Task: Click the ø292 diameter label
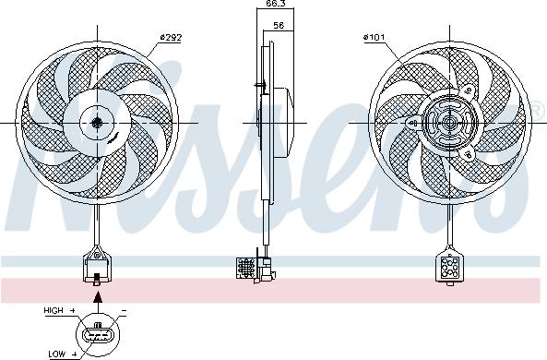coord(171,37)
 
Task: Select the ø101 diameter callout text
coord(374,37)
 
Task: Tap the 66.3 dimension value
coord(276,4)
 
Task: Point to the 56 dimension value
coord(279,25)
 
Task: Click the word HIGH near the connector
coord(54,310)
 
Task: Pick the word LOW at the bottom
coord(57,354)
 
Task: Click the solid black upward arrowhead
coord(98,297)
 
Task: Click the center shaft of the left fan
coord(97,123)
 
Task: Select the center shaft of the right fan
coord(449,123)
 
